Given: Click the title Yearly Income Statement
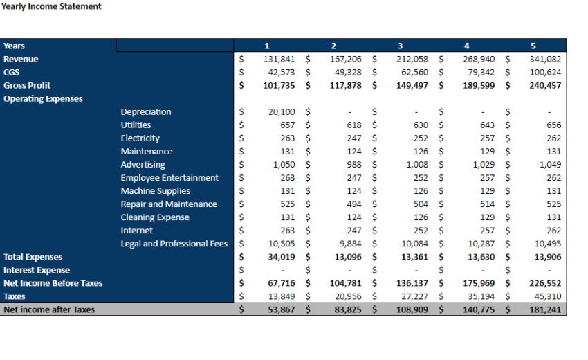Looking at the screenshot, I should point(51,6).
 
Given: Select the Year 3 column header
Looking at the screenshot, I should point(400,46).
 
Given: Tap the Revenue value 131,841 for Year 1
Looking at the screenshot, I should point(279,59).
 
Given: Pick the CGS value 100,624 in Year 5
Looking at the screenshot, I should point(545,72).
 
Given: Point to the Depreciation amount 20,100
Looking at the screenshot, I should point(282,111).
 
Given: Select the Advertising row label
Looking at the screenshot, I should point(143,165).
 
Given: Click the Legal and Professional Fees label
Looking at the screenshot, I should point(174,244).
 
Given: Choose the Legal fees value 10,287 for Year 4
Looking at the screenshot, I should point(479,244).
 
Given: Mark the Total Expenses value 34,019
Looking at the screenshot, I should point(282,257).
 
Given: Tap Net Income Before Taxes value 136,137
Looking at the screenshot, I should point(412,283).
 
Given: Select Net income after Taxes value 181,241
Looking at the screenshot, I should point(545,309).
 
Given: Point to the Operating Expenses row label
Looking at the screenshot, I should point(43,98).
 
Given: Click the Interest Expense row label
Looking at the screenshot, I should point(37,270).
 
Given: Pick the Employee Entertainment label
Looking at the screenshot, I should point(169,178).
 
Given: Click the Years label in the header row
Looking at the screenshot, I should point(14,46).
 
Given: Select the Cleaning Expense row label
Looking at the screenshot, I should point(154,217).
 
